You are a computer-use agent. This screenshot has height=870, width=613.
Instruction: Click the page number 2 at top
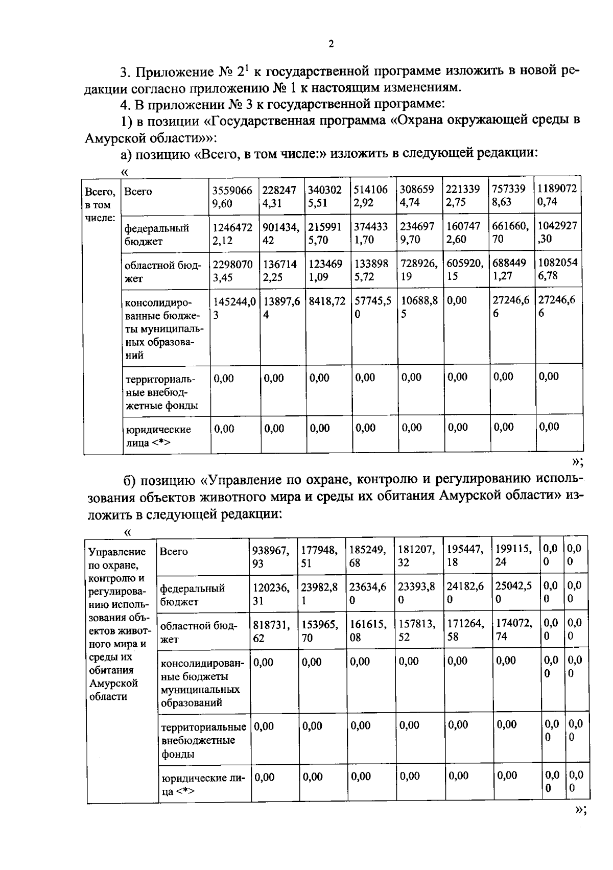331,44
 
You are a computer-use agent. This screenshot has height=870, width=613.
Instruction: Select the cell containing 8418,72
327,301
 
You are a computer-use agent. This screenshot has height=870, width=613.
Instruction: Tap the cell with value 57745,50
373,308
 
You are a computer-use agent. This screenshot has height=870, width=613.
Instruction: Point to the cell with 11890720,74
557,195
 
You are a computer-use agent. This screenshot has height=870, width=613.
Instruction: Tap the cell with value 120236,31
271,594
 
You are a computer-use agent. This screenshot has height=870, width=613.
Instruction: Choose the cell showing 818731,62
271,631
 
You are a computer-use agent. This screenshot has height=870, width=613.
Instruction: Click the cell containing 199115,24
514,555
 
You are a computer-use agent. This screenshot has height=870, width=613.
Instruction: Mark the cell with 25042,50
514,593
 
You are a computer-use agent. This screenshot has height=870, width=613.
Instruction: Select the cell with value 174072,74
514,630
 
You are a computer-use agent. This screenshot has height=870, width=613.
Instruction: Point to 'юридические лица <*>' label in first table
158,436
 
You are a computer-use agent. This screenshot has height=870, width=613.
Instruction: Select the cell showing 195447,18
465,556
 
